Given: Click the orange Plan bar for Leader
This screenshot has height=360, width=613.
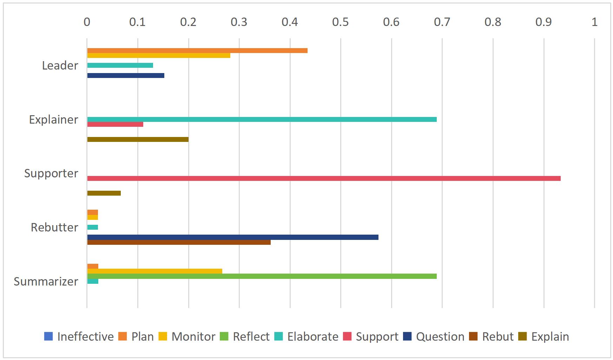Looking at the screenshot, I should coord(197,51).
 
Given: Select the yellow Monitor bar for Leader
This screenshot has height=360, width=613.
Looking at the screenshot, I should coord(158,55).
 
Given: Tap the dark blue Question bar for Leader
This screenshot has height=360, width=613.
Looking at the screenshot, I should coord(125,76).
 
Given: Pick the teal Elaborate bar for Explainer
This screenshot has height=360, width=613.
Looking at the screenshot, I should coord(262,119).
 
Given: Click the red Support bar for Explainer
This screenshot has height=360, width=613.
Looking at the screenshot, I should coord(115,124).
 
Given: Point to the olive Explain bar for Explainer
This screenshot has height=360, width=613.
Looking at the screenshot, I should coord(138,139).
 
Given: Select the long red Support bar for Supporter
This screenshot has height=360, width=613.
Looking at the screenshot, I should coord(323,178).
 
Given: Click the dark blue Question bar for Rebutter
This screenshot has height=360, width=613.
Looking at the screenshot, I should coord(232,237).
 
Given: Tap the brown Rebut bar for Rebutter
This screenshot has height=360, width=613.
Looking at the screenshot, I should coord(179,242).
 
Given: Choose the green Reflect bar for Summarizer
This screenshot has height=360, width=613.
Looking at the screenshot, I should coord(262,276).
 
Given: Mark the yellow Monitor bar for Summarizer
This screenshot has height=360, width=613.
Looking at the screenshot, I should coord(154,271).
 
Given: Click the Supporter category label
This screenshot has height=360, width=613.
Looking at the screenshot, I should coord(51,174).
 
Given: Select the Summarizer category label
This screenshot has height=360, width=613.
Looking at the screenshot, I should coord(46,281).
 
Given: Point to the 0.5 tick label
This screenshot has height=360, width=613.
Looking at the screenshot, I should coord(340,22).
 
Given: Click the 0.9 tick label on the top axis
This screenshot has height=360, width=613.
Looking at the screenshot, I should coord(543,22).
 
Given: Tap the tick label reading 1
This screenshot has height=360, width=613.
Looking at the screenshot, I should coord(594,22).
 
